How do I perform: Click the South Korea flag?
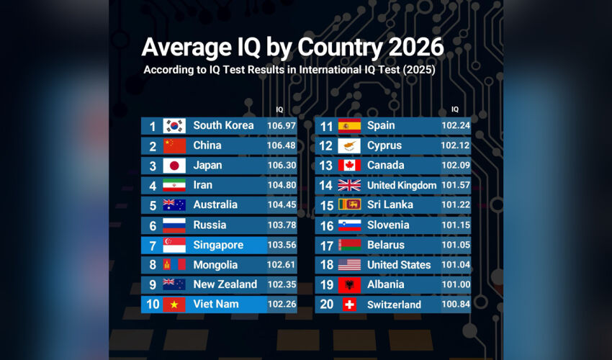pos(174,126)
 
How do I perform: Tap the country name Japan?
pos(207,166)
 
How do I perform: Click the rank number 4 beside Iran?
pos(153,185)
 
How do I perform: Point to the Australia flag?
pos(174,205)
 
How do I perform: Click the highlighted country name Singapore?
pos(218,245)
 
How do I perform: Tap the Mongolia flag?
pos(174,265)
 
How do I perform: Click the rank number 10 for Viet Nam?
pos(153,305)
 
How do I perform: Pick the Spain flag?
pos(349,126)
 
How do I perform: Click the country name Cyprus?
pos(384,145)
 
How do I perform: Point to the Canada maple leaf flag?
pos(349,166)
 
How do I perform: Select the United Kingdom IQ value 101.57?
pos(455,186)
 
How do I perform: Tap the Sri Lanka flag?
pos(349,205)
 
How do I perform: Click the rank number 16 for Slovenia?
pos(326,225)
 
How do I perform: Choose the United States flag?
pos(349,265)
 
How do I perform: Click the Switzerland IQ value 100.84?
pos(455,305)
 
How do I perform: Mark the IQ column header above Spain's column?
pos(455,109)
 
